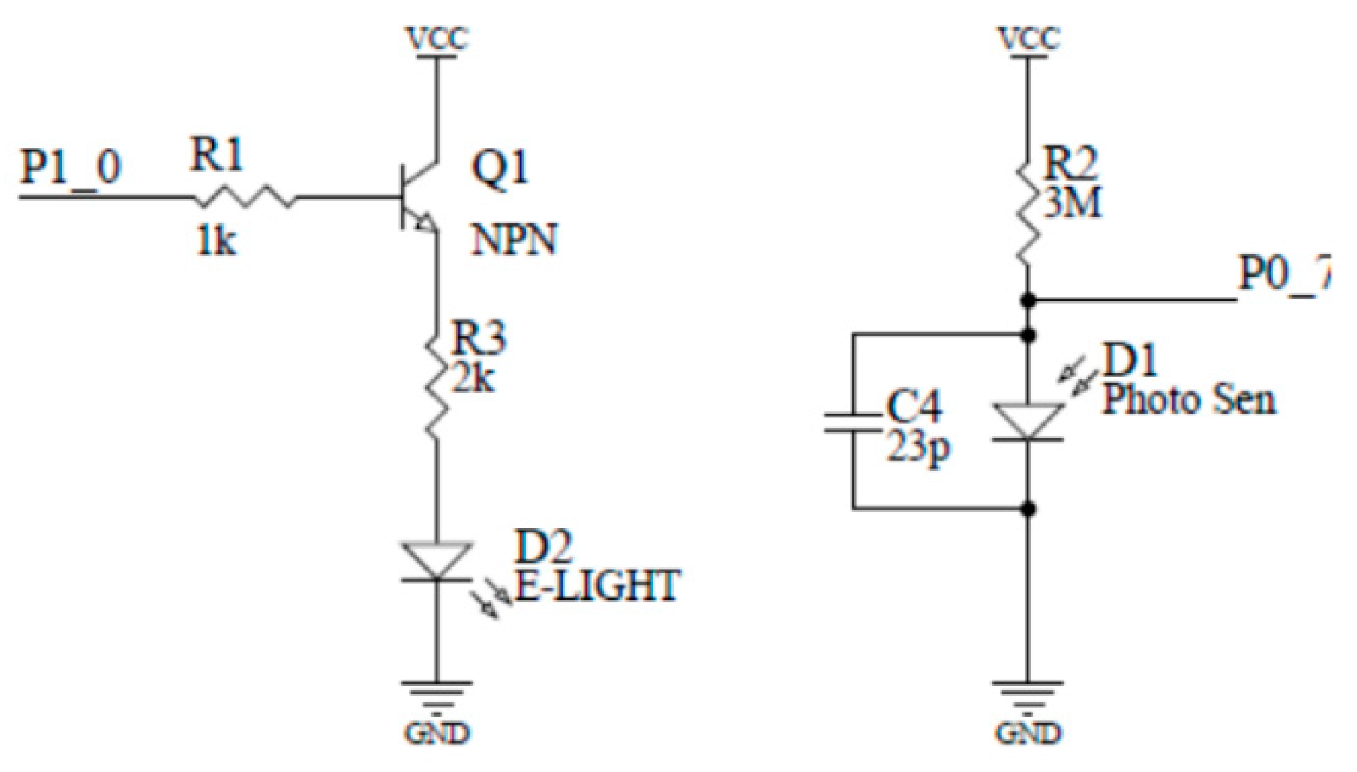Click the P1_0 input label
click(69, 166)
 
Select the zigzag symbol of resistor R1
click(245, 198)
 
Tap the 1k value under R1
click(216, 241)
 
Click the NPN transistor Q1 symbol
click(416, 197)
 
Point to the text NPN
click(515, 240)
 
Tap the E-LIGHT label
click(597, 586)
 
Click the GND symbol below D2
click(437, 693)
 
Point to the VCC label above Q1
click(437, 39)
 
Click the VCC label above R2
click(1029, 39)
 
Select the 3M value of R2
click(1073, 202)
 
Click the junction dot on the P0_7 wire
click(1029, 301)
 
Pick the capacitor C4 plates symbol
click(852, 422)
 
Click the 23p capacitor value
click(919, 448)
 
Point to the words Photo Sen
click(1188, 399)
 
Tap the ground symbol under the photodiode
click(1028, 693)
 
